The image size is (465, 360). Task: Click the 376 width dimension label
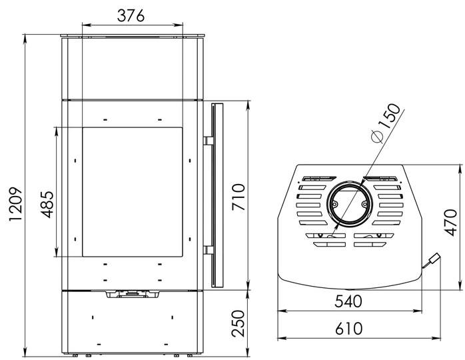tap(131, 15)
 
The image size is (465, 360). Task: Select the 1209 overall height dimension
tap(16, 204)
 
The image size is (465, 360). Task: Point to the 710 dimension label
tap(238, 197)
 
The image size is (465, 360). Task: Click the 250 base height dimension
tap(238, 323)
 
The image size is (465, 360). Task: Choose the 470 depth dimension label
tap(451, 223)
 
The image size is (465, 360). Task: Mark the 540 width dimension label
tap(348, 301)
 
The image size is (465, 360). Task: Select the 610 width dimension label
tap(349, 329)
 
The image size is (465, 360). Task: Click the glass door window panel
tap(133, 192)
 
